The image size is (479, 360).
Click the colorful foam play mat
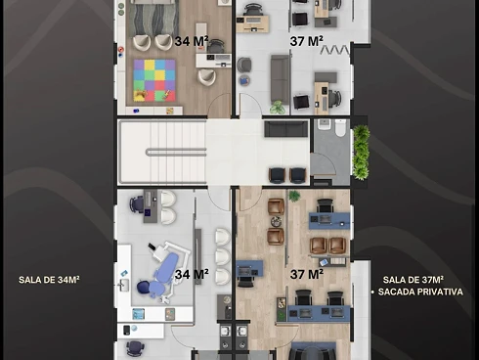(x=154, y=80)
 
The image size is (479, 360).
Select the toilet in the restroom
(x=340, y=127)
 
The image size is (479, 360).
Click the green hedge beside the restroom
(x=361, y=153)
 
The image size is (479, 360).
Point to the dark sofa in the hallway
(x=286, y=128)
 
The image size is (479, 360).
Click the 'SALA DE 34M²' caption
(x=49, y=280)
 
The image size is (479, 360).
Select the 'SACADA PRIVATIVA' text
(x=420, y=292)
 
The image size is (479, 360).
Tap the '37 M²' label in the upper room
(x=307, y=41)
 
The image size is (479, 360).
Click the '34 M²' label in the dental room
(x=192, y=275)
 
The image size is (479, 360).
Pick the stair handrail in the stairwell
(x=176, y=153)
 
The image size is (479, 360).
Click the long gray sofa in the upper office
(x=281, y=79)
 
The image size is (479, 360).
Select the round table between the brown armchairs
(x=276, y=221)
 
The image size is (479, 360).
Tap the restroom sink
(x=324, y=124)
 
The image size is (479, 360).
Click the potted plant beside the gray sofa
(x=278, y=108)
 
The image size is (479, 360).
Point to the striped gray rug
(x=153, y=19)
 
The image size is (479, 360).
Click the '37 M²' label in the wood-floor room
(x=307, y=275)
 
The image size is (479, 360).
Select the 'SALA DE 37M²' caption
(x=414, y=280)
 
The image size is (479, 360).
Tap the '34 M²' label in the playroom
(x=192, y=41)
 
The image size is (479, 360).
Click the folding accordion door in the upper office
(x=335, y=50)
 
